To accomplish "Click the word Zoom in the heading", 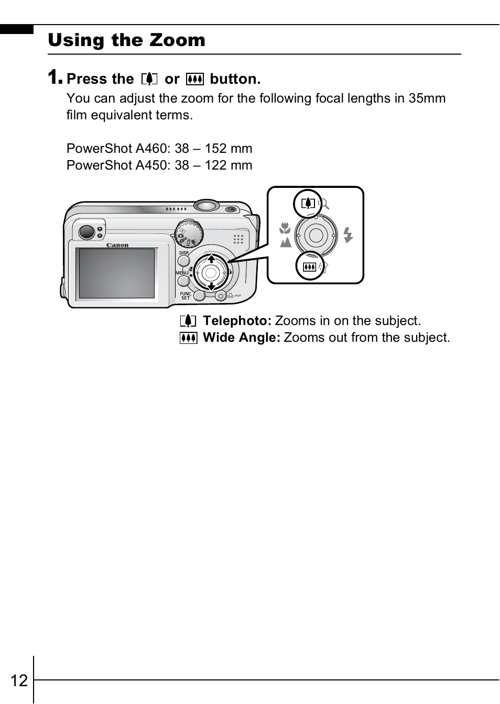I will click(x=177, y=40).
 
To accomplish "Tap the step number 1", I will click(x=55, y=77).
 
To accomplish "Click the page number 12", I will click(x=19, y=680).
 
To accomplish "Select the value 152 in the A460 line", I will click(x=215, y=149).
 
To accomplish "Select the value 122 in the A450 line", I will click(x=215, y=165).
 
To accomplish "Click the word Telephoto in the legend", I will click(x=237, y=321).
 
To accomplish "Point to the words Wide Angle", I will click(x=242, y=338).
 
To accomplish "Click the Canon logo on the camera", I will click(x=117, y=245).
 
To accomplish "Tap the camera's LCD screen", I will click(x=117, y=273).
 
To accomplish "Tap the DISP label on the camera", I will click(x=184, y=253).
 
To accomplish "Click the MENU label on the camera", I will click(x=182, y=273).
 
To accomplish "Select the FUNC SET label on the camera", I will click(x=186, y=296).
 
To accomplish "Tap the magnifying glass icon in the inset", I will click(x=324, y=204).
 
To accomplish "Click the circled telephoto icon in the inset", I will click(x=308, y=203).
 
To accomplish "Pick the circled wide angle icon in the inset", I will click(x=309, y=266).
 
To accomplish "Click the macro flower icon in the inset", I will click(x=285, y=228).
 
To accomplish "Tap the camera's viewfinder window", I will click(x=86, y=231).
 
